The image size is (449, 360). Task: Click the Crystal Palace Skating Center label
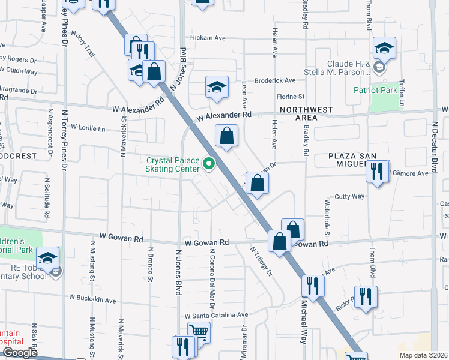pos(173,164)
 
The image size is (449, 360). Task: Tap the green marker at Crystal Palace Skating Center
pos(209,163)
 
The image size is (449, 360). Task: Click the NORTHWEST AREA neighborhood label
pos(306,114)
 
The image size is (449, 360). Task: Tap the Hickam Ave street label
pos(207,38)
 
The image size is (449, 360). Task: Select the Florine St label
pos(291,96)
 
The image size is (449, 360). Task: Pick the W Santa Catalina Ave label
pos(216,315)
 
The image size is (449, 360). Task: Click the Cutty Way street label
pos(350,196)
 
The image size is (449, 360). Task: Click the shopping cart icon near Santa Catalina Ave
pos(199,332)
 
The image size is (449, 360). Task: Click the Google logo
pos(20,353)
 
